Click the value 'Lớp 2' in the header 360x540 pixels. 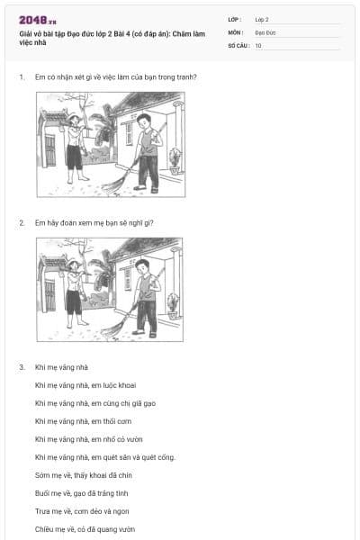(263, 19)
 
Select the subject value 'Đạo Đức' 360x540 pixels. (265, 31)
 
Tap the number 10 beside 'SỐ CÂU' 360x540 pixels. (258, 44)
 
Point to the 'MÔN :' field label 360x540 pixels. (236, 31)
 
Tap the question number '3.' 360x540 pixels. (22, 367)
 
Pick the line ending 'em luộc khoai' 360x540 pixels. (85, 385)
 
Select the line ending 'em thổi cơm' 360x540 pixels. (82, 421)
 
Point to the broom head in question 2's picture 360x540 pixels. (112, 332)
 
